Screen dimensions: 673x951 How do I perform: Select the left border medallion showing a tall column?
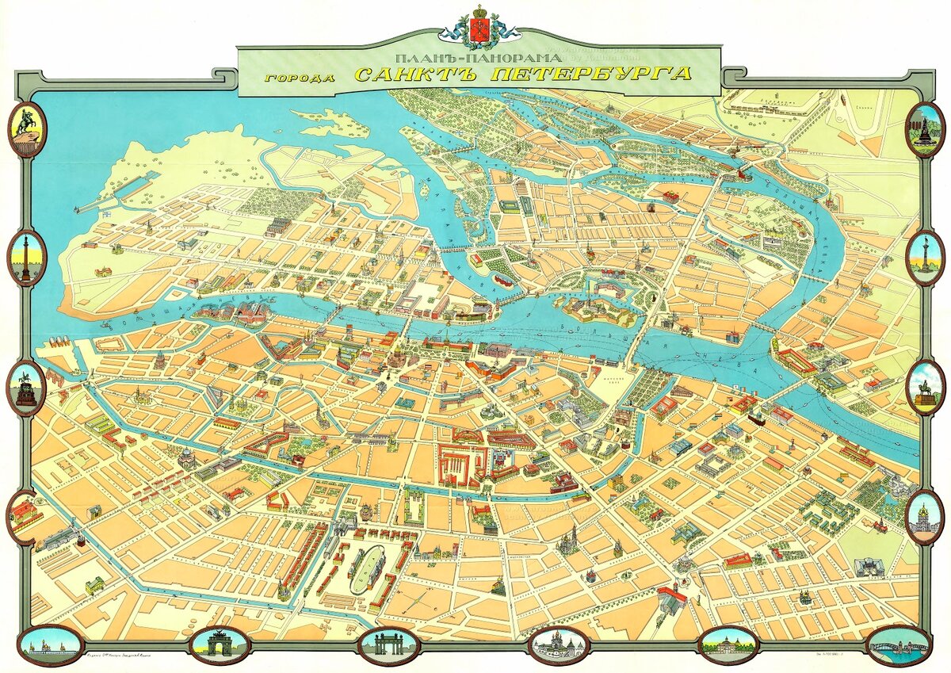tap(27, 258)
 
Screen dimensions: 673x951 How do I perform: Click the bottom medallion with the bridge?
tap(896, 646)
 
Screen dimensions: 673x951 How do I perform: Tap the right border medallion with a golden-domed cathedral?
tap(924, 516)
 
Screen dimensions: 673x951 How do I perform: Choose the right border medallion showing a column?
tap(924, 258)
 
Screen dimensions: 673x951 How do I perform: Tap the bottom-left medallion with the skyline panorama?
tap(51, 646)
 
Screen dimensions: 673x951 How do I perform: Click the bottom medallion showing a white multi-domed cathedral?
tap(559, 646)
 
